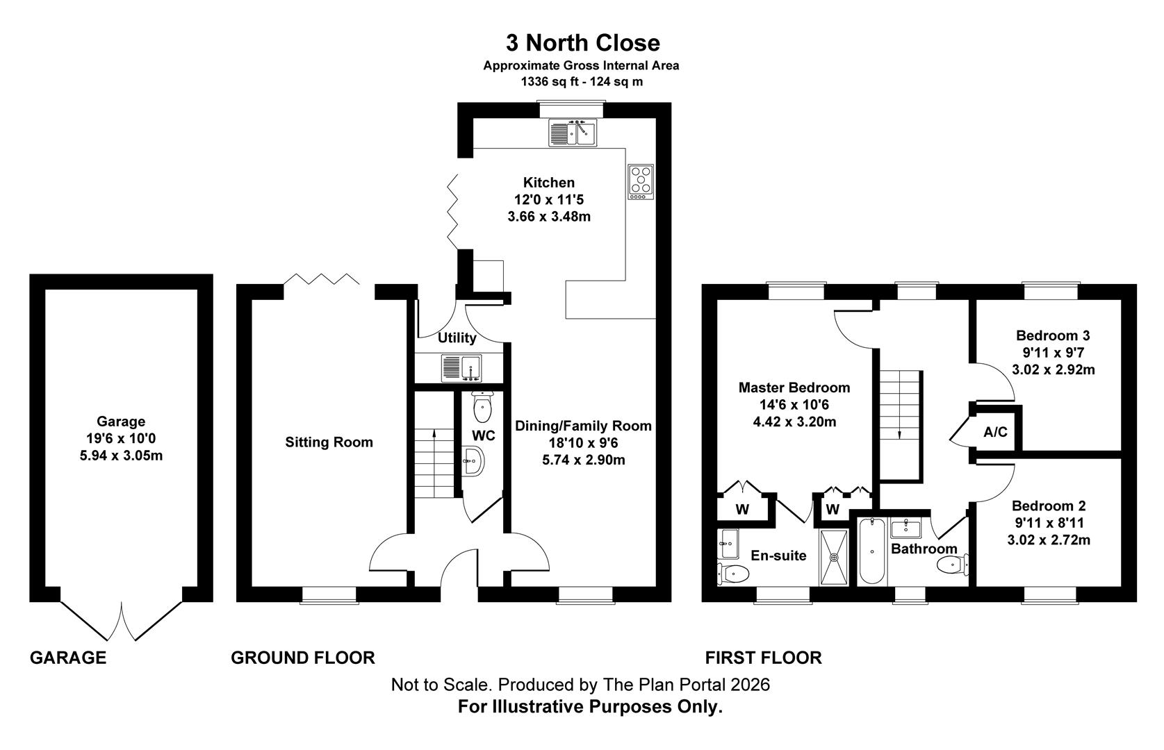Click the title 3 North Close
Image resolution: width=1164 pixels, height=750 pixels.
pyautogui.click(x=582, y=42)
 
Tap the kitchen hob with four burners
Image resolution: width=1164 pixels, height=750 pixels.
pyautogui.click(x=641, y=182)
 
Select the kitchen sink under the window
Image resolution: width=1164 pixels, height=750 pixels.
pyautogui.click(x=573, y=133)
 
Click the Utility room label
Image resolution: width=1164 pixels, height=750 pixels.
pyautogui.click(x=457, y=338)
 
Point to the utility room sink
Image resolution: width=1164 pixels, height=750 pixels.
pyautogui.click(x=461, y=368)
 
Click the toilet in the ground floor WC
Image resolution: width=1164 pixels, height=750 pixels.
pyautogui.click(x=483, y=407)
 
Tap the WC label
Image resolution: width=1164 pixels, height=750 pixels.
pyautogui.click(x=483, y=436)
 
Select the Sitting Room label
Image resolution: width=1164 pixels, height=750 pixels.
pyautogui.click(x=329, y=442)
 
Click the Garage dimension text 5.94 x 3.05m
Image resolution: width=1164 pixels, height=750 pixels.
pyautogui.click(x=121, y=456)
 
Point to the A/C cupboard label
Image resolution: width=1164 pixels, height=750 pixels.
pyautogui.click(x=995, y=432)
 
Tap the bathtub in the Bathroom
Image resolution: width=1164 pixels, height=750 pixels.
pyautogui.click(x=872, y=551)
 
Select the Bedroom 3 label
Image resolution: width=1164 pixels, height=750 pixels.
pyautogui.click(x=1053, y=335)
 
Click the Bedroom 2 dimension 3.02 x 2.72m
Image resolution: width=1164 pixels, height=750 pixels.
pyautogui.click(x=1049, y=540)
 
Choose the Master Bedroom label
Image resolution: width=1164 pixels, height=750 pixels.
pyautogui.click(x=794, y=387)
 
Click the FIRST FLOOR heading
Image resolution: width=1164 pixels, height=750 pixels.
pyautogui.click(x=763, y=658)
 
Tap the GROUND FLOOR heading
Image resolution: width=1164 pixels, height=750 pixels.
pyautogui.click(x=303, y=658)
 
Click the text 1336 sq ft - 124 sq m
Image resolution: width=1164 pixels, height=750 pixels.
pyautogui.click(x=582, y=81)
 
